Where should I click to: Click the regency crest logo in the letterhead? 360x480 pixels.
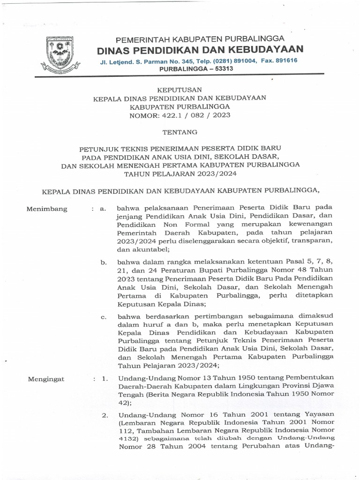coord(58,53)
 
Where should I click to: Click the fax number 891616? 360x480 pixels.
coord(286,60)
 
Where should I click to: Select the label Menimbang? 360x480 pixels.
coord(47,209)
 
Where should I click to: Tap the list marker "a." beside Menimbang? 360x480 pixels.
coord(104,209)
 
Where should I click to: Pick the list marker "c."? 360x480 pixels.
coord(104,317)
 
